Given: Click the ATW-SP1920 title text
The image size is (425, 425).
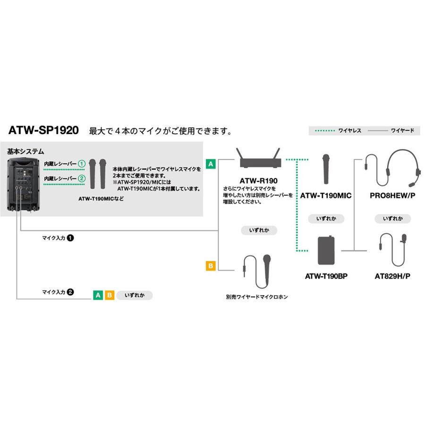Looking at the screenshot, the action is pos(43,130).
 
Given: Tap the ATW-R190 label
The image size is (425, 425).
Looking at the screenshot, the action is pos(258,180).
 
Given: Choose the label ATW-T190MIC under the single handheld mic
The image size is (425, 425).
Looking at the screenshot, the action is pos(326,195).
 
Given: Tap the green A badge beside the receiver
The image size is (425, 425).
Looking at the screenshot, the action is pos(211,164).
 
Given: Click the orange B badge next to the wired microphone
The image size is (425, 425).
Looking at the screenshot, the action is pos(211,266).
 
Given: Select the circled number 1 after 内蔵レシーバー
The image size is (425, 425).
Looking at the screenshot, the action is pos(82,164).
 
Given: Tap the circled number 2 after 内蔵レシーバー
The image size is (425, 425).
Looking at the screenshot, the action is pos(82,178).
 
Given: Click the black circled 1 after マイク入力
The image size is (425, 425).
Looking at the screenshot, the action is pos(70,238).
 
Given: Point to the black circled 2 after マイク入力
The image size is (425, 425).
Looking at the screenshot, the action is pos(70,292).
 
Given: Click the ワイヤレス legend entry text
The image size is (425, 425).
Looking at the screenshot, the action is pos(349,131).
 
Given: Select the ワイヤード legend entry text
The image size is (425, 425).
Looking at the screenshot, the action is pos(402,131).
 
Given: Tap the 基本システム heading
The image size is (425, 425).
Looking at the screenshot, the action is pos(25,152).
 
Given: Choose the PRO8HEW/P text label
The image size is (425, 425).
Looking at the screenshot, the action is pos(392,195).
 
